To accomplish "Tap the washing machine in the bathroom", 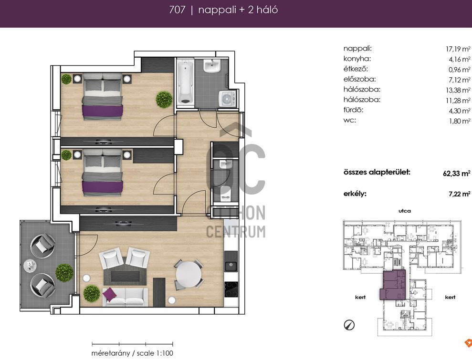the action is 227,98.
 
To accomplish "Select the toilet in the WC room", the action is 225,194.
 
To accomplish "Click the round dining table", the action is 189,274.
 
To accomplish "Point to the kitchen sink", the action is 231,266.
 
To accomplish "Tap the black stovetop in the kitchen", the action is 231,289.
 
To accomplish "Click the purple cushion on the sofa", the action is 110,294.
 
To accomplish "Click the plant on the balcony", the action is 64,272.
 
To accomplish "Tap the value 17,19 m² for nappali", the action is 458,49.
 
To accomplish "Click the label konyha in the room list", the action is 357,59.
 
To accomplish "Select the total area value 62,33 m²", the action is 457,173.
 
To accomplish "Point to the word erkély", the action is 355,194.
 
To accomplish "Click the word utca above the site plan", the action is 405,211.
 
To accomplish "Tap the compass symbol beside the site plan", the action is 349,325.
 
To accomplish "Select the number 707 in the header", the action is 177,10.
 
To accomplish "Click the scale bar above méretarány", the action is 133,344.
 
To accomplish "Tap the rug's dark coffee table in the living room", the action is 125,276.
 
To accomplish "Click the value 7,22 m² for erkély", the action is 460,194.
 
